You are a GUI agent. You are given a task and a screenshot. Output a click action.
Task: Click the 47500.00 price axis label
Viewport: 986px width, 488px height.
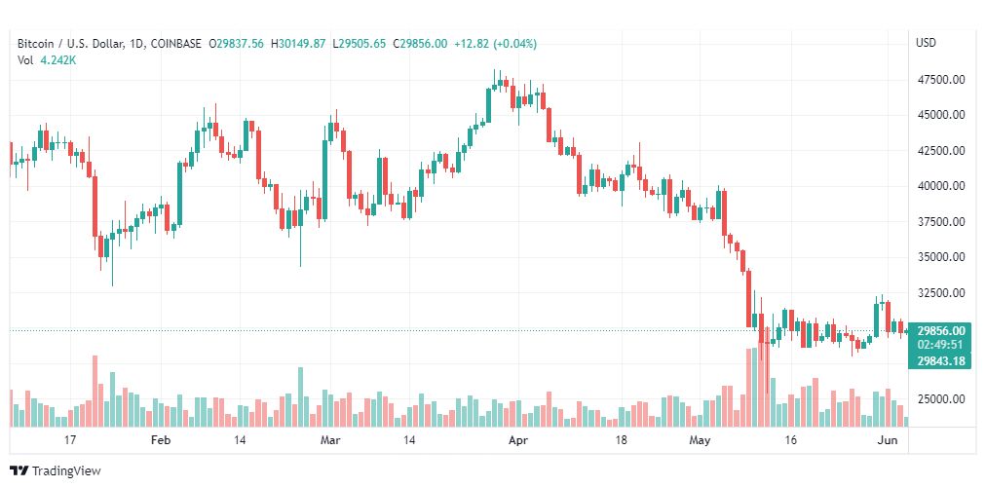[x=941, y=80]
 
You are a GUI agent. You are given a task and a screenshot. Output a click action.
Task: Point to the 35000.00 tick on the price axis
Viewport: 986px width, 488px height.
[x=941, y=256]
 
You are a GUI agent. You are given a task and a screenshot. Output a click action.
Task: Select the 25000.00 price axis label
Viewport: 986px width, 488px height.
[x=941, y=398]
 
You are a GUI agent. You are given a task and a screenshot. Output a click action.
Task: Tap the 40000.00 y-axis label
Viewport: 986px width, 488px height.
[x=941, y=185]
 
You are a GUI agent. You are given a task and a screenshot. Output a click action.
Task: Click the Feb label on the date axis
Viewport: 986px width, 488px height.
[x=161, y=440]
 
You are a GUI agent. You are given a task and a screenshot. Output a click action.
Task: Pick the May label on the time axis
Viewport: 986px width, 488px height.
[x=700, y=440]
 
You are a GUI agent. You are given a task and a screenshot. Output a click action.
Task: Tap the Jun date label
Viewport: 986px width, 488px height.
[x=887, y=440]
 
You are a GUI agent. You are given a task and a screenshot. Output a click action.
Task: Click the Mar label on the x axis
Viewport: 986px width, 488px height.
[x=330, y=440]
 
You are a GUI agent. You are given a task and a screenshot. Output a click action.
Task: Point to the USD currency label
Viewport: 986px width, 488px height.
[x=927, y=43]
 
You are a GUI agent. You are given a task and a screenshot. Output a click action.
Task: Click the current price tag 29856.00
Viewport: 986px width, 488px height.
[x=941, y=331]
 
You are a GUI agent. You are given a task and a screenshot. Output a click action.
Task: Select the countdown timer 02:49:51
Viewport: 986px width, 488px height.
[x=941, y=345]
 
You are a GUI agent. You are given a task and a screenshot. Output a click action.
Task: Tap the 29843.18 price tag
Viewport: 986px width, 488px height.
[x=941, y=360]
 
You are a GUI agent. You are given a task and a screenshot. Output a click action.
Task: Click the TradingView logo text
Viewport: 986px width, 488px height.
[x=66, y=471]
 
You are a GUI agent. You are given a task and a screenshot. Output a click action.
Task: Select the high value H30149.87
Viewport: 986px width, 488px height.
[x=298, y=44]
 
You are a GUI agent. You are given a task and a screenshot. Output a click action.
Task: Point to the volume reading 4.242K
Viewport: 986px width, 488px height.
[x=58, y=60]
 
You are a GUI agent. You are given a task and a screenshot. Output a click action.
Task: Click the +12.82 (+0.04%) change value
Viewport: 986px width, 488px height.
[x=496, y=44]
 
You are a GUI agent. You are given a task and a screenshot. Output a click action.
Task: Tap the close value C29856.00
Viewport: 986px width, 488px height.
[x=420, y=44]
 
